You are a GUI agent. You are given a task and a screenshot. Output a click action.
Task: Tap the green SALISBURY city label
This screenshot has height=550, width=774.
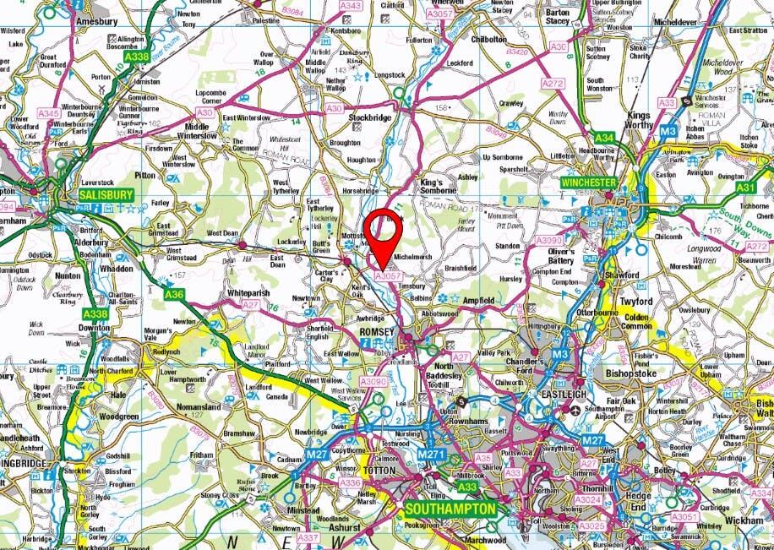106,194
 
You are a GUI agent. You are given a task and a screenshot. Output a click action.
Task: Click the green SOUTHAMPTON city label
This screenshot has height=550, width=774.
449,510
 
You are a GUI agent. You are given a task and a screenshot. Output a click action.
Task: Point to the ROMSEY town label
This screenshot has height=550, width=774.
378,332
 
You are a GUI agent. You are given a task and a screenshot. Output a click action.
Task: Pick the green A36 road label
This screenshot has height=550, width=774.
174,294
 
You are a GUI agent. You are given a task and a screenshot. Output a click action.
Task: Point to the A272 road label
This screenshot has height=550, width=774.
553,84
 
